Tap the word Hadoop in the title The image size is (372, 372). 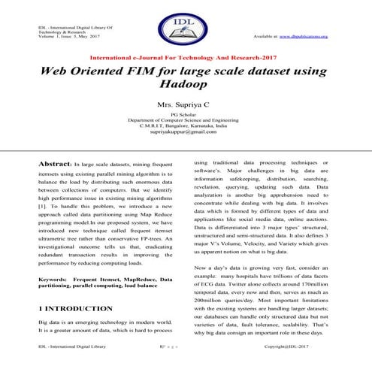click(186, 87)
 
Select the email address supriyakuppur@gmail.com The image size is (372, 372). click(186, 132)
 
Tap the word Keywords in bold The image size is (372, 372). click(53, 279)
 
